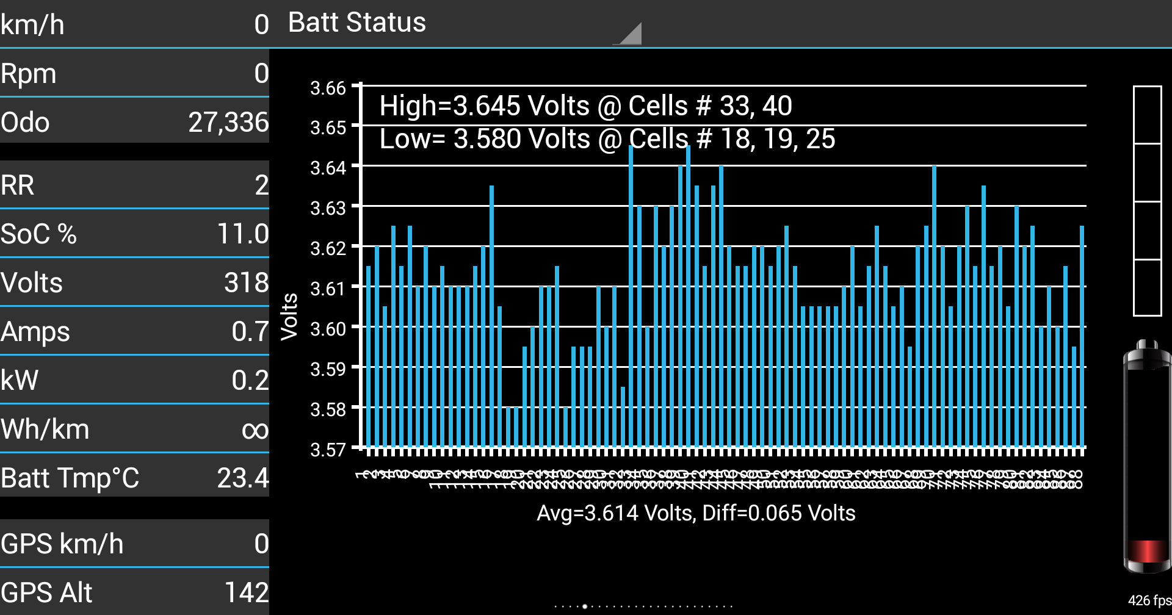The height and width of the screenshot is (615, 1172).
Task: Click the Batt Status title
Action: pos(356,23)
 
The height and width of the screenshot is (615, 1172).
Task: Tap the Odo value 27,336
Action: pos(228,122)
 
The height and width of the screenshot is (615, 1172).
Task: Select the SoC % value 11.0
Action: pos(243,234)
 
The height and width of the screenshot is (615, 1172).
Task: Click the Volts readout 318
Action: pos(246,282)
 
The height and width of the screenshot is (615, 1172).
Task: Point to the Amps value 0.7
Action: pos(250,331)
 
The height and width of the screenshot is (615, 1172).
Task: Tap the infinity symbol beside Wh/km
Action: pos(255,430)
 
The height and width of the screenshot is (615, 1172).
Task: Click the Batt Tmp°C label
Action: pos(70,478)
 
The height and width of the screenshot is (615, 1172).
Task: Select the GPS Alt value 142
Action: pos(246,592)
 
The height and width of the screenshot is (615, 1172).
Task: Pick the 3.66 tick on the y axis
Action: pos(328,88)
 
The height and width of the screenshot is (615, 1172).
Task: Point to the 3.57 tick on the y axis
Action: pos(328,450)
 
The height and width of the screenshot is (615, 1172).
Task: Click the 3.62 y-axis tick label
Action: pos(328,248)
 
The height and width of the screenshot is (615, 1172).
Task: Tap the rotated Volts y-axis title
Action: pos(289,316)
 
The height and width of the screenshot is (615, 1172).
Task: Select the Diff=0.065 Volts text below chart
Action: pos(779,513)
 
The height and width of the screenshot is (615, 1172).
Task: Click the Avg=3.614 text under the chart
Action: pos(615,513)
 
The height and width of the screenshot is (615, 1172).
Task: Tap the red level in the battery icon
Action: pos(1146,551)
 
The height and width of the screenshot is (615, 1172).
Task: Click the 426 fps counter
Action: pos(1149,600)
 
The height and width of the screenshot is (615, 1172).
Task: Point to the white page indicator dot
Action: pos(585,606)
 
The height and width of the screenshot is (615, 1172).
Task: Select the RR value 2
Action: pos(261,185)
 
